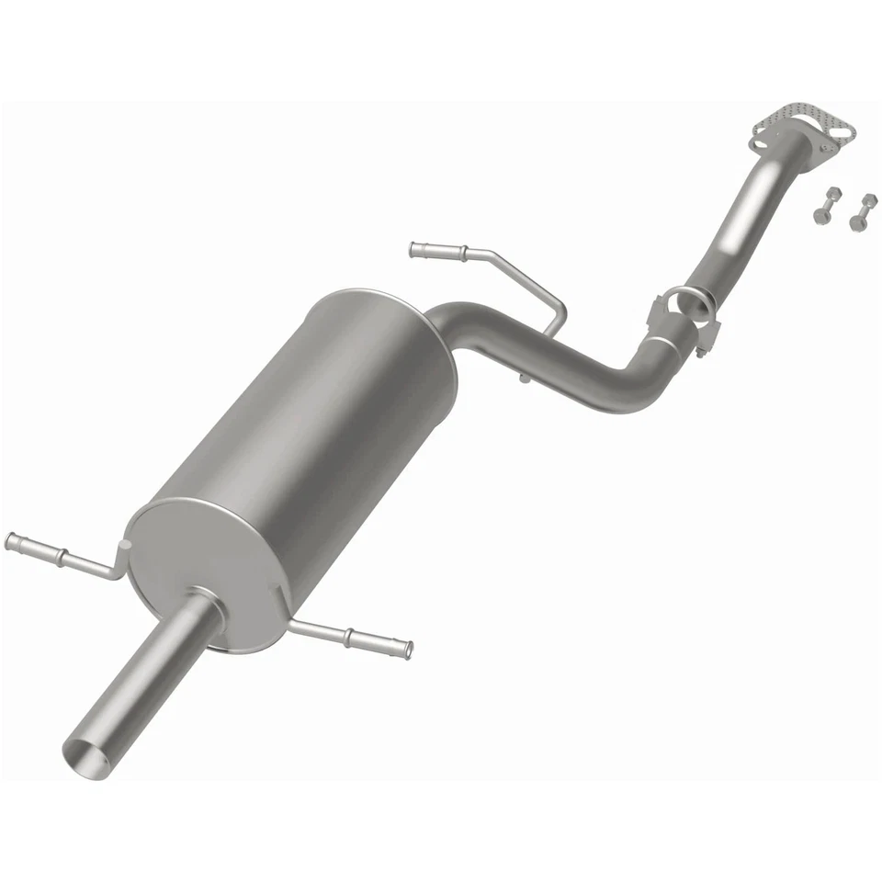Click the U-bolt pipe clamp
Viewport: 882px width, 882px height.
click(x=684, y=311)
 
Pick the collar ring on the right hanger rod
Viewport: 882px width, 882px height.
click(x=349, y=635)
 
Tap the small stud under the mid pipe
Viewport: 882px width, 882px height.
click(x=522, y=378)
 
